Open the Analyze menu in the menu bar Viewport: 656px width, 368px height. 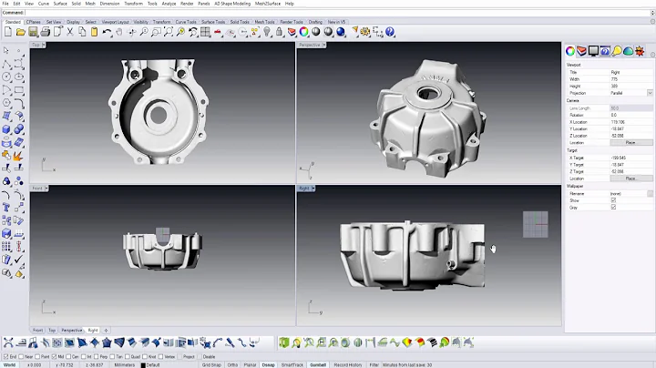point(169,4)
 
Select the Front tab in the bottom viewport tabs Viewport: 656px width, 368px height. point(38,330)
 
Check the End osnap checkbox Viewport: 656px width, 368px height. point(6,357)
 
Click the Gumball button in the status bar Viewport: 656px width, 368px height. point(318,364)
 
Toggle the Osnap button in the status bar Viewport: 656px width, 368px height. point(269,364)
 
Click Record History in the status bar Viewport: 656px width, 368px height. point(348,364)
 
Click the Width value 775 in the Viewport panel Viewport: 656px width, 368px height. point(614,78)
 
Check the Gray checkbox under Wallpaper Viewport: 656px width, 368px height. point(613,207)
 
